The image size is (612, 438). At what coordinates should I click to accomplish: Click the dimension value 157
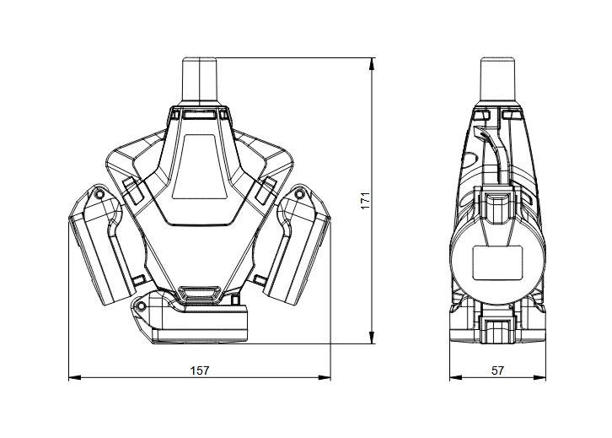(x=200, y=370)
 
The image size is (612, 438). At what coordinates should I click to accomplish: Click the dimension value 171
(x=365, y=201)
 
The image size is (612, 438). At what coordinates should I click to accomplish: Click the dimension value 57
(x=497, y=370)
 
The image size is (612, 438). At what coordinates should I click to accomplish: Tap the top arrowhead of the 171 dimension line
(x=373, y=64)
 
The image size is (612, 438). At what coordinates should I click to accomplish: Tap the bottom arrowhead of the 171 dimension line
(x=373, y=338)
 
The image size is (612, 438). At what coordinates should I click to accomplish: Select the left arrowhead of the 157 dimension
(x=75, y=377)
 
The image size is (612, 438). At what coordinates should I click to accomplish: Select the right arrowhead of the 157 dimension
(x=325, y=377)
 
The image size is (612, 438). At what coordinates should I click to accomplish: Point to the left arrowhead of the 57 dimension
(x=456, y=377)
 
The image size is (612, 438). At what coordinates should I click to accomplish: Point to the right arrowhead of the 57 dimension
(x=540, y=377)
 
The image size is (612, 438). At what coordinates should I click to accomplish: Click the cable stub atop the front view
(x=200, y=81)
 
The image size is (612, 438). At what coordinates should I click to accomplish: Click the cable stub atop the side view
(x=497, y=81)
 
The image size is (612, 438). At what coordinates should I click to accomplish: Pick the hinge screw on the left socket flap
(x=99, y=194)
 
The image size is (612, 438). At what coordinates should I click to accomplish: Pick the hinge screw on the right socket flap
(x=299, y=193)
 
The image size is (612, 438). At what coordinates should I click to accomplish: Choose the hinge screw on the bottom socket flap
(x=142, y=306)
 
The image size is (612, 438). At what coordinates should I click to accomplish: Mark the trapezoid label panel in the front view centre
(x=200, y=167)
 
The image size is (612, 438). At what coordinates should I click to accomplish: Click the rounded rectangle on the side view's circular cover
(x=497, y=263)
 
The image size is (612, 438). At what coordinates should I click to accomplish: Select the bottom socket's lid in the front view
(x=200, y=325)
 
